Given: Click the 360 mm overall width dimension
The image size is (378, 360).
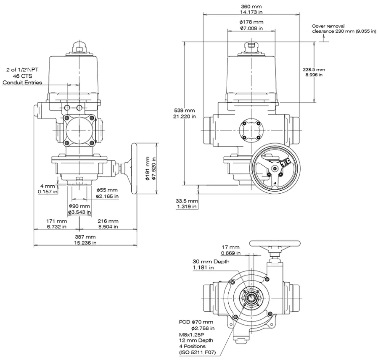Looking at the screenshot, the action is point(251,9).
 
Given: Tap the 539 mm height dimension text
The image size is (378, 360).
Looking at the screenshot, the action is point(185,113).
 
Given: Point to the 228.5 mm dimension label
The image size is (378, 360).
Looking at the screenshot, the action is point(314,72).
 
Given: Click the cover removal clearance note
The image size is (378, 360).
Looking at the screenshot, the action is point(344,29).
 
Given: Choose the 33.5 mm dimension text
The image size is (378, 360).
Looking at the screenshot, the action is point(187,203).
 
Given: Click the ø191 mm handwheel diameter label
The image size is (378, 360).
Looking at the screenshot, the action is point(151,168).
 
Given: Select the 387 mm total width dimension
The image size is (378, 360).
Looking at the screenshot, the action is point(85,240).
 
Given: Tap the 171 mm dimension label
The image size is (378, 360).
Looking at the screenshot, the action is point(57,224).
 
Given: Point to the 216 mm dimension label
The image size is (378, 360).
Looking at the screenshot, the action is point(108,224).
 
